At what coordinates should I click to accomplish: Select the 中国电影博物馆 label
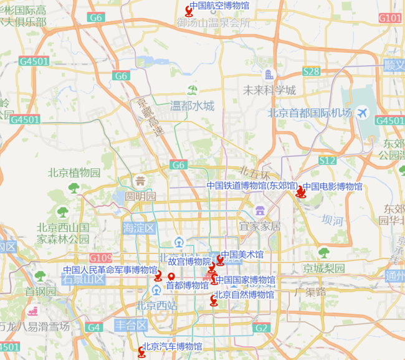pos(332,186)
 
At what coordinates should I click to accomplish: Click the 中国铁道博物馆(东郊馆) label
pos(252,186)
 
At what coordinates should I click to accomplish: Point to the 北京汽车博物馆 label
pos(172,346)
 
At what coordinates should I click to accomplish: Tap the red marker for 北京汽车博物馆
pos(141,353)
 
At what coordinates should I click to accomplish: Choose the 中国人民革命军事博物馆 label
pos(110,270)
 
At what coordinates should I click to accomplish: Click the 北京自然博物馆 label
pos(244,295)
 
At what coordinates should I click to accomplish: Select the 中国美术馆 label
pos(242,255)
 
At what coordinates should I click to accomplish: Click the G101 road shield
pos(390,18)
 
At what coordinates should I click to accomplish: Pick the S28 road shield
pos(311,72)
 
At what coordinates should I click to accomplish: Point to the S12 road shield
pos(327,161)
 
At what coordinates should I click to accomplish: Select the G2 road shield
pos(262,328)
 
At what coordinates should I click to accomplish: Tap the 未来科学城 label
pos(269,90)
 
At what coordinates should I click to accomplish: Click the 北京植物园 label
pos(74,173)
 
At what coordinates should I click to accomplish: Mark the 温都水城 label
pos(192,105)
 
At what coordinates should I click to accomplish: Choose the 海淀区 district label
pos(138,228)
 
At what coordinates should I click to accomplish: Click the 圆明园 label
pos(140,196)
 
